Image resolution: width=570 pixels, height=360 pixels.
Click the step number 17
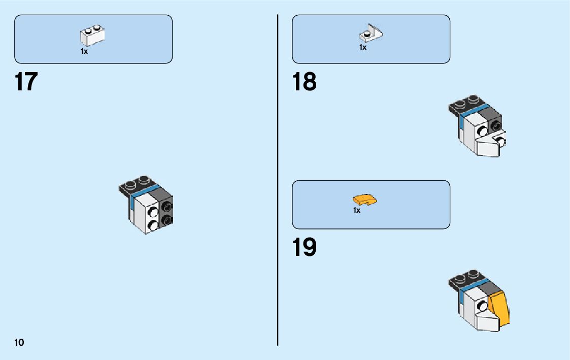(x=26, y=82)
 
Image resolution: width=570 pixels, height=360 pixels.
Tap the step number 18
(x=304, y=82)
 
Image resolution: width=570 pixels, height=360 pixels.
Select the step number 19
(x=304, y=247)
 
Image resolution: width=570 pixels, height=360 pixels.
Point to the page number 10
(x=19, y=342)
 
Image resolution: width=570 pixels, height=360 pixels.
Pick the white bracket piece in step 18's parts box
(x=371, y=34)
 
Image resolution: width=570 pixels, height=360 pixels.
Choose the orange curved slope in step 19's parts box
(x=365, y=200)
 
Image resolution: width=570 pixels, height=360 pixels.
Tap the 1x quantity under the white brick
(x=84, y=51)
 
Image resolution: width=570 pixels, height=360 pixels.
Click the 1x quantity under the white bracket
(x=363, y=47)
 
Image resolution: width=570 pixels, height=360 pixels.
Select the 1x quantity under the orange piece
(x=357, y=210)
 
